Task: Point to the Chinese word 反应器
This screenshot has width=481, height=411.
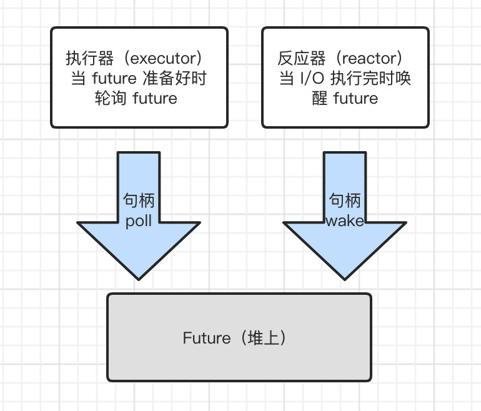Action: (x=299, y=60)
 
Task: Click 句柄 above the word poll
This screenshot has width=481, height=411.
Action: (x=139, y=201)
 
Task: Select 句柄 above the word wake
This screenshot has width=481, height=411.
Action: (x=344, y=201)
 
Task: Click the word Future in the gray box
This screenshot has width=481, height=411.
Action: (x=206, y=338)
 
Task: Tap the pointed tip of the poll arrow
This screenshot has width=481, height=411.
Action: (x=139, y=277)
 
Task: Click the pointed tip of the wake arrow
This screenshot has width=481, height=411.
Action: (x=344, y=277)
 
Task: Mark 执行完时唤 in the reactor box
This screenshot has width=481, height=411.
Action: (x=374, y=79)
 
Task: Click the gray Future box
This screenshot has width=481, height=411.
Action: (x=239, y=369)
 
